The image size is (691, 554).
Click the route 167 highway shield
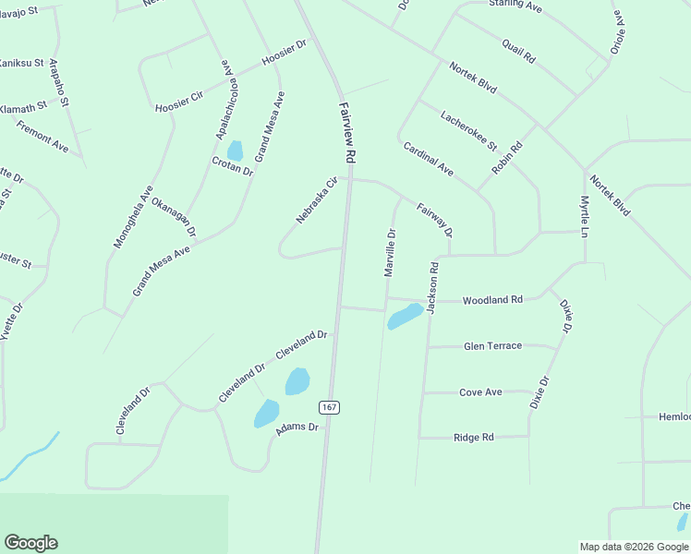coord(328,407)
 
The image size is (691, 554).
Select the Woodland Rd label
coord(492,300)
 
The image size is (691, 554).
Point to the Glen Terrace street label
coord(492,346)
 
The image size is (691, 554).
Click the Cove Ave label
coord(480,392)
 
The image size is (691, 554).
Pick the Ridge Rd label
coord(474,438)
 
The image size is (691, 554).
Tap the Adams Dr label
coord(297,428)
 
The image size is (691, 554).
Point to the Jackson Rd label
coord(432,287)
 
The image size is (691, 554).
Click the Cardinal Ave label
coord(428,158)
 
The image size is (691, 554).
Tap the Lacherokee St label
coord(468,132)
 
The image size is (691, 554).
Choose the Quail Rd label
coord(518,51)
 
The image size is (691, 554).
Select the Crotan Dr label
coord(232,167)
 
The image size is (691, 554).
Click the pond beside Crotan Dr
coord(235,150)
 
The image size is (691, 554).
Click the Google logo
coord(31,543)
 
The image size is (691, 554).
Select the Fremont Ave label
coord(42,137)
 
